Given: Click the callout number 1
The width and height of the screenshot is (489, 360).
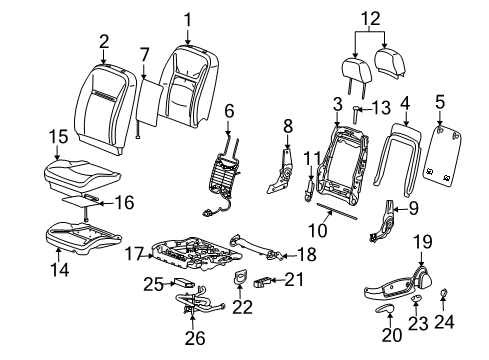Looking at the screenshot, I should (x=186, y=18).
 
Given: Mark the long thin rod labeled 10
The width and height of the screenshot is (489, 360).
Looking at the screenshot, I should (x=345, y=225).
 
